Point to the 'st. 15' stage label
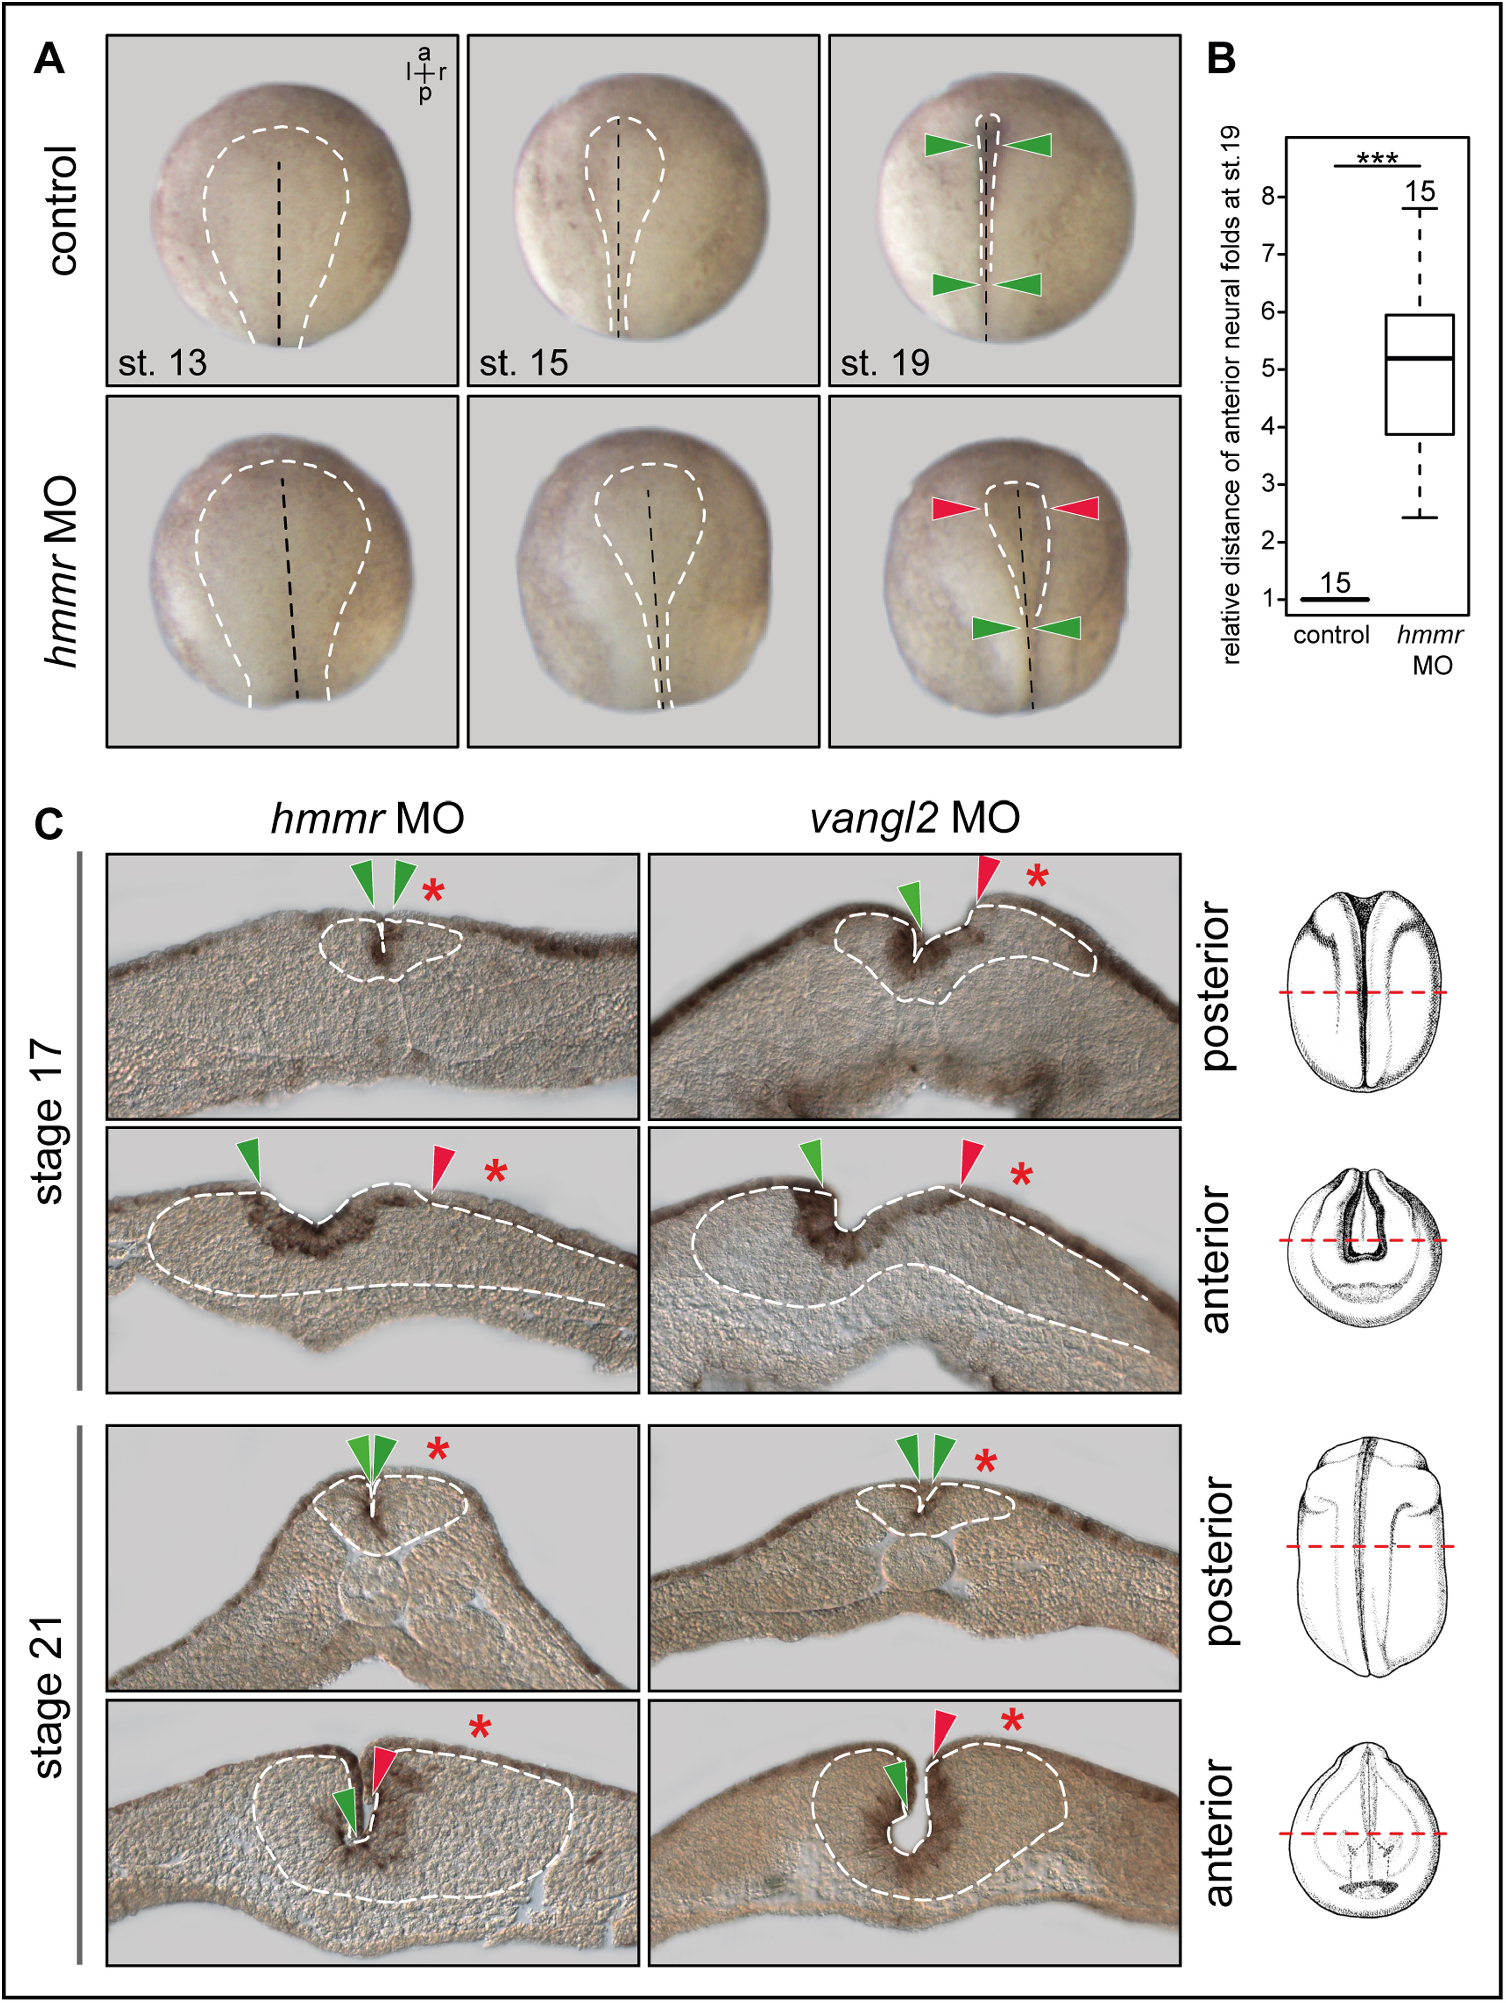click(x=524, y=363)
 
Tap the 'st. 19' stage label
click(x=885, y=363)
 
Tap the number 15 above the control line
click(x=1335, y=583)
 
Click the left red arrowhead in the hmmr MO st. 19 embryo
click(x=954, y=509)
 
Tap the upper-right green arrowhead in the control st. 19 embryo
click(x=1029, y=145)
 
